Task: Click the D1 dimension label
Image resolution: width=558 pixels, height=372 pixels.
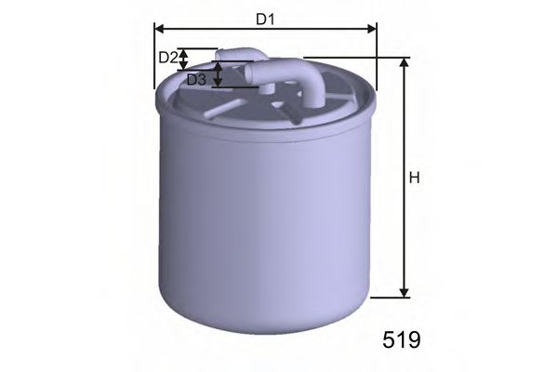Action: click(265, 20)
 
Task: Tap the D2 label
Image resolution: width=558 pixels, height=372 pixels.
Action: click(168, 58)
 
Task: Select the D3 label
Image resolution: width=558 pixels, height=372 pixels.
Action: click(196, 80)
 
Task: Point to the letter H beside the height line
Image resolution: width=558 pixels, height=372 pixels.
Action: click(415, 178)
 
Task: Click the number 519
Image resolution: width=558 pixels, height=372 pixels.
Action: click(402, 339)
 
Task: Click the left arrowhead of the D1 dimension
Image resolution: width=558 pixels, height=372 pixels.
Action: click(159, 29)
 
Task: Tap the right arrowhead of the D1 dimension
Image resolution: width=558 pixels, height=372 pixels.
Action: click(372, 29)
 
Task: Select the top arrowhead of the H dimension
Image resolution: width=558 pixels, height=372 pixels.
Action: click(404, 62)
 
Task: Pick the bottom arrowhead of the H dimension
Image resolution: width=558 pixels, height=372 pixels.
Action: click(404, 293)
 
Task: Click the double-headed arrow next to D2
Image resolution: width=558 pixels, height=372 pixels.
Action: click(183, 60)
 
